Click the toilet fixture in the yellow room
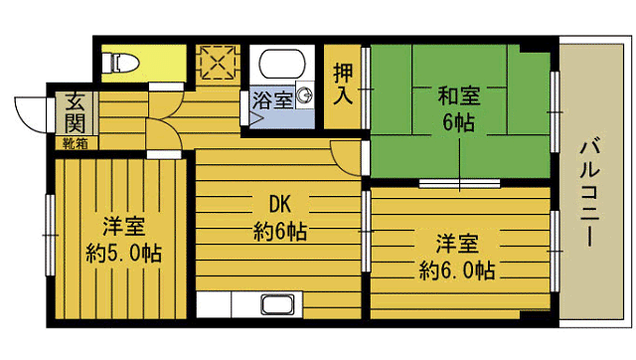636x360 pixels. click(x=123, y=63)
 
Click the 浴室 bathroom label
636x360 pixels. click(x=271, y=99)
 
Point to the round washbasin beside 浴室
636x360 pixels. click(x=304, y=96)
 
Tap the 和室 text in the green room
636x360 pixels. click(x=458, y=96)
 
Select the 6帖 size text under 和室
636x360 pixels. click(x=458, y=123)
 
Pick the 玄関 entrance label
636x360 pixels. click(x=76, y=111)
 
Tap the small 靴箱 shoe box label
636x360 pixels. click(x=75, y=143)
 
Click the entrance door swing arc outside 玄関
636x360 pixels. click(x=30, y=112)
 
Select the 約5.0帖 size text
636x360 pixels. click(x=123, y=252)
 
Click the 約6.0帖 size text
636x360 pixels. click(x=457, y=270)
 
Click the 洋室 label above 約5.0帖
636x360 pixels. click(x=123, y=224)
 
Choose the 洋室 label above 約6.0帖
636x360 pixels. click(x=457, y=243)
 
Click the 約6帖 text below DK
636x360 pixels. click(x=279, y=234)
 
